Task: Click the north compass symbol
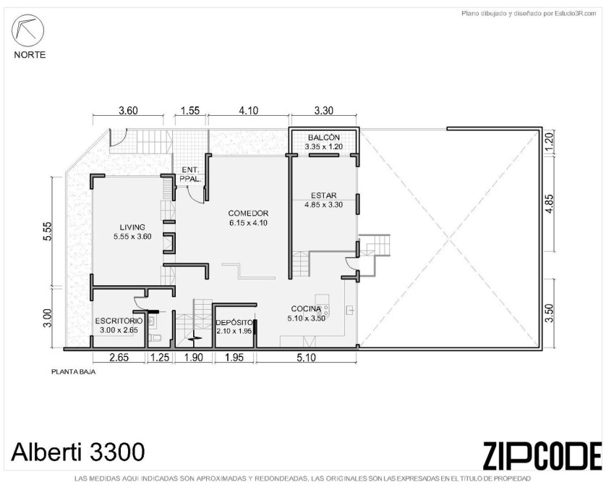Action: [27, 30]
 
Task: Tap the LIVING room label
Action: [132, 227]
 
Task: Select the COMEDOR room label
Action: [248, 213]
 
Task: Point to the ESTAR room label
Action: [323, 195]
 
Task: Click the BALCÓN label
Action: [324, 138]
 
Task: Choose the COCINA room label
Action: [306, 308]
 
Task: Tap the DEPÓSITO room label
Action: [234, 323]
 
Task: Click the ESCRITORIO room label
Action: [119, 321]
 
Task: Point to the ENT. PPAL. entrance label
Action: [190, 174]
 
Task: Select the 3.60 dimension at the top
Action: [128, 111]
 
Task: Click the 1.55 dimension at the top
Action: [190, 111]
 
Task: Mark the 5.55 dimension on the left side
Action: [47, 232]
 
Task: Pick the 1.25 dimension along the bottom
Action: [160, 358]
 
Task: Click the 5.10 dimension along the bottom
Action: [306, 358]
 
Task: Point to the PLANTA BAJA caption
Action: [74, 372]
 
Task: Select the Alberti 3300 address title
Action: [78, 452]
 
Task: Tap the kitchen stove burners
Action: [324, 308]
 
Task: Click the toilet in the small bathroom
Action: [155, 337]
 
